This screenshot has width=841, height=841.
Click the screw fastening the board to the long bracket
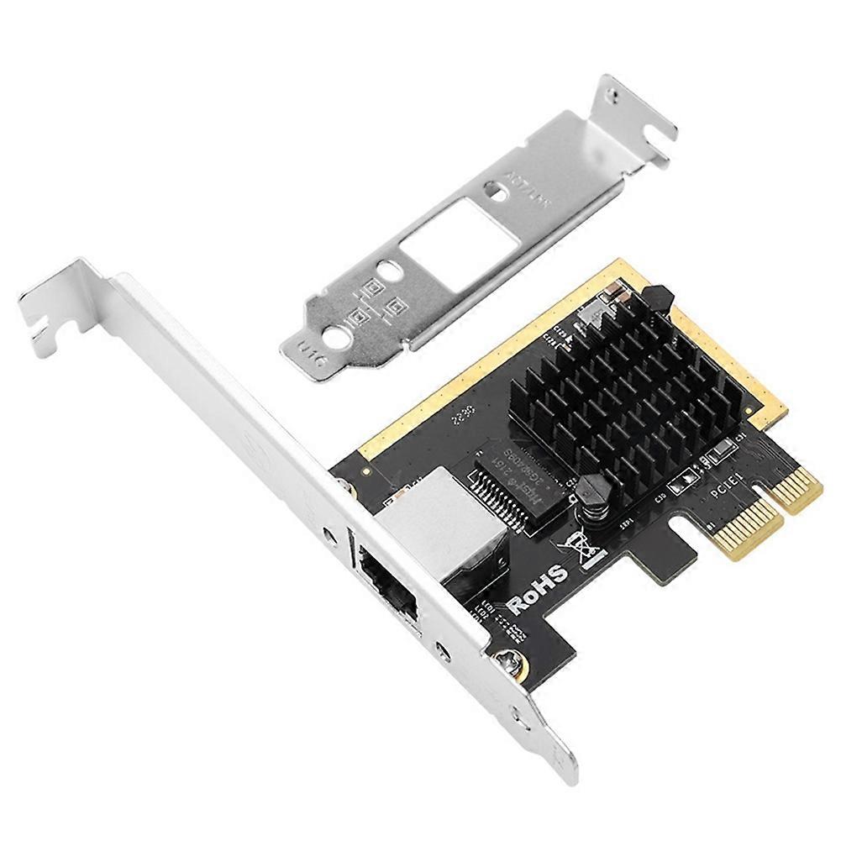(508, 664)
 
